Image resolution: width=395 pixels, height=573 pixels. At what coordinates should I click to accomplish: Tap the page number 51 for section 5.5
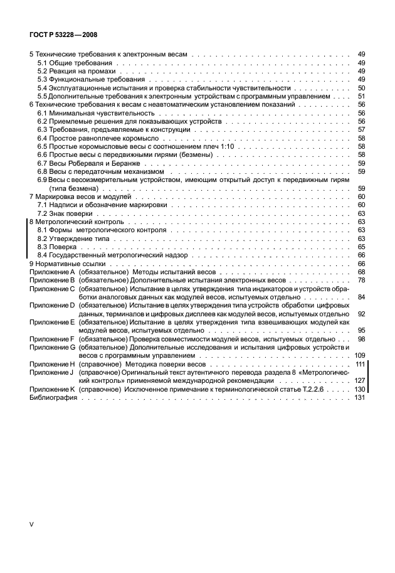coord(361,96)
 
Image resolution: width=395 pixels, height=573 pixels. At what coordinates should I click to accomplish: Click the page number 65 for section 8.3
coord(361,247)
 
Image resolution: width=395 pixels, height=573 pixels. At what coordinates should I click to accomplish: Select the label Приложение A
coord(53,272)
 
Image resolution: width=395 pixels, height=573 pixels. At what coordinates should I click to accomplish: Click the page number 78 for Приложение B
coord(361,281)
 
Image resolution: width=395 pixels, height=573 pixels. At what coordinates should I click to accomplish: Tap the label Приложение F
coord(53,339)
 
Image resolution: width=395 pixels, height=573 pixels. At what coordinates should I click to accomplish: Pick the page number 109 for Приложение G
coord(360,356)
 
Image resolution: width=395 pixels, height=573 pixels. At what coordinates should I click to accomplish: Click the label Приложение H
coord(53,365)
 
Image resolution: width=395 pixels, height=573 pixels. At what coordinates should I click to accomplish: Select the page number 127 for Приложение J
coord(360,381)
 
